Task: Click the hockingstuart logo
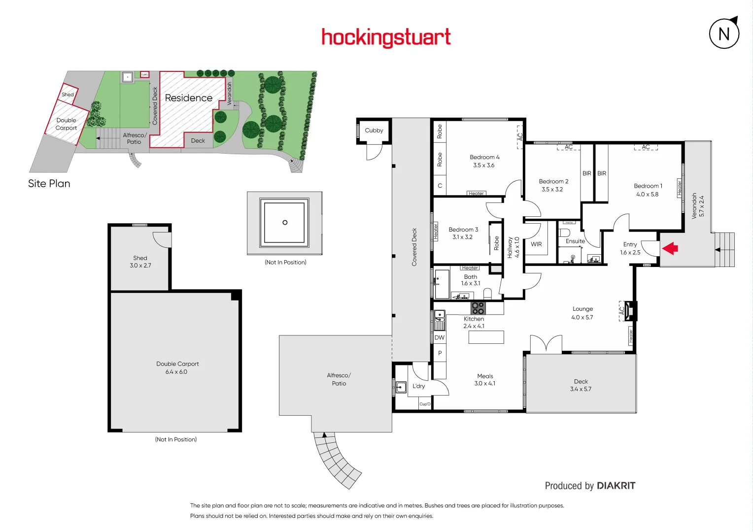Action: click(x=386, y=37)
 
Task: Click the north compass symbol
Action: click(x=724, y=33)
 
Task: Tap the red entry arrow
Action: click(x=670, y=248)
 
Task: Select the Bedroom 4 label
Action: click(x=484, y=157)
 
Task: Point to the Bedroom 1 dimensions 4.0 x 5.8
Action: click(x=647, y=195)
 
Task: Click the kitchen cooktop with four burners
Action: click(x=478, y=308)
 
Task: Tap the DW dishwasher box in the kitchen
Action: click(x=440, y=337)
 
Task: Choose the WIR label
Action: click(x=536, y=244)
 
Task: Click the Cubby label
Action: click(x=374, y=131)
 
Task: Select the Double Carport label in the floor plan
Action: click(x=177, y=364)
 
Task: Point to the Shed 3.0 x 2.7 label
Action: click(x=140, y=262)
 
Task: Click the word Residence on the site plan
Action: click(x=188, y=98)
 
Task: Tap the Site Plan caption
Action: click(x=49, y=184)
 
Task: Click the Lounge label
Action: click(x=582, y=309)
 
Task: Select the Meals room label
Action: click(x=485, y=376)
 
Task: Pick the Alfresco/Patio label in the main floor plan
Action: click(x=339, y=379)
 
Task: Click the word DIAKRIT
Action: click(x=616, y=486)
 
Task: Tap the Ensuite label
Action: click(x=575, y=241)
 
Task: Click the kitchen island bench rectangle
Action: click(x=486, y=337)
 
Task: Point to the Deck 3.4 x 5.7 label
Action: click(x=581, y=385)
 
